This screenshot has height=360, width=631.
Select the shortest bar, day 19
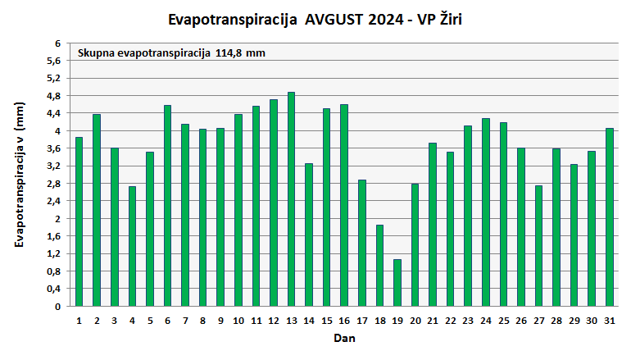pyautogui.click(x=397, y=283)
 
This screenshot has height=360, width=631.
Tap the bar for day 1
pyautogui.click(x=79, y=221)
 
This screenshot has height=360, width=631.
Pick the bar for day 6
pyautogui.click(x=167, y=206)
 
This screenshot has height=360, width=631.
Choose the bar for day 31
pyautogui.click(x=610, y=217)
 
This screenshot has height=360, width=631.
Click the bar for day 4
pyautogui.click(x=132, y=246)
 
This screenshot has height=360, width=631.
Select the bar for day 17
pyautogui.click(x=361, y=243)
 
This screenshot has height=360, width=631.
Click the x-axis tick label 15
pyautogui.click(x=326, y=320)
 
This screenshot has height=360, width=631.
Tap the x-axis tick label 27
pyautogui.click(x=538, y=320)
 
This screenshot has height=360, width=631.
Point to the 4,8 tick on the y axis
pyautogui.click(x=55, y=96)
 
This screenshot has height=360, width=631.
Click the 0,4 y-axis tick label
pyautogui.click(x=55, y=289)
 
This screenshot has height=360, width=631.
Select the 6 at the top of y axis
pyautogui.click(x=58, y=43)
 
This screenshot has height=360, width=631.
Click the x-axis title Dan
pyautogui.click(x=344, y=338)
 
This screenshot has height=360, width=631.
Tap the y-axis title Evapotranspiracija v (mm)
pyautogui.click(x=20, y=175)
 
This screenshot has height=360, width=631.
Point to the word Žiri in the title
pyautogui.click(x=459, y=18)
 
